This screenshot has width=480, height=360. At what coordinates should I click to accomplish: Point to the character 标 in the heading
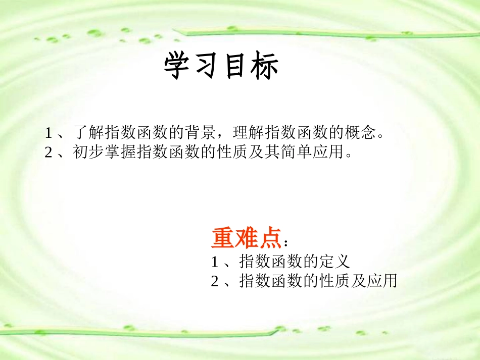pos(265,67)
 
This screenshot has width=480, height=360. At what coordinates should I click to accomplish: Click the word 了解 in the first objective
pos(88,133)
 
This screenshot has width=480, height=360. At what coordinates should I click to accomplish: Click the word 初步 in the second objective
pos(88,151)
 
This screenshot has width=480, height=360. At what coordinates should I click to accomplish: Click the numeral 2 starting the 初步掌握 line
pos(49,152)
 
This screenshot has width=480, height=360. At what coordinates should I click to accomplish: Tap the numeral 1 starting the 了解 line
pos(49,133)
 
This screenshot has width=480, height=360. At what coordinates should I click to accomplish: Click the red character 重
pos(223,238)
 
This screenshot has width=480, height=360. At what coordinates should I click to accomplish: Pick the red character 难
pos(246,238)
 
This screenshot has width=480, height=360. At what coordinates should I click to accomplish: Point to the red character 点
pos(269,238)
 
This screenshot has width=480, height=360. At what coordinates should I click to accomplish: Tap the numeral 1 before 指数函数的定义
pos(214,262)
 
